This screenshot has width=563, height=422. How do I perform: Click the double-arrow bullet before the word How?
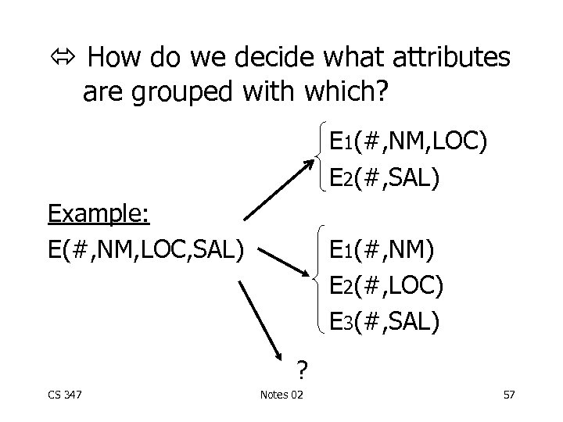click(63, 58)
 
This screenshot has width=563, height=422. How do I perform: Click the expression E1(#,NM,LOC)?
click(408, 142)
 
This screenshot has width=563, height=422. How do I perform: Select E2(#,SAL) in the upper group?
click(385, 177)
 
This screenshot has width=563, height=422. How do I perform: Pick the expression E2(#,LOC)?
click(387, 285)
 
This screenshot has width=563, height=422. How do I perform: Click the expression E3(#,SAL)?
click(385, 320)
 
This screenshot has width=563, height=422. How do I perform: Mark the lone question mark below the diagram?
click(300, 367)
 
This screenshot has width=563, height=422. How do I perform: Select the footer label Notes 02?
click(282, 393)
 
